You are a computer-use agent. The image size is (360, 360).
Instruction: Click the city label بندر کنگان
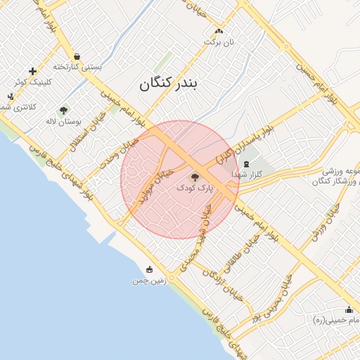click(x=169, y=84)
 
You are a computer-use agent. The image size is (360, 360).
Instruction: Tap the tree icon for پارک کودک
click(x=195, y=177)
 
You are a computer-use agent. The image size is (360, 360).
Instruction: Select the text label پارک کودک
click(x=193, y=188)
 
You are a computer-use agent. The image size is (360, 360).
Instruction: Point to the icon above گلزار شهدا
click(x=245, y=164)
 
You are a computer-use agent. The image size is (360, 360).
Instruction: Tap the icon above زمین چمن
click(x=149, y=269)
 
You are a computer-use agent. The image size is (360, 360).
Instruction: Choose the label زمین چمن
click(x=148, y=281)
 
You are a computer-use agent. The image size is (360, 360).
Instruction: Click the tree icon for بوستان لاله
click(x=64, y=110)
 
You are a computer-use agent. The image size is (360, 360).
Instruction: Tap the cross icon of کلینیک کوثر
click(x=32, y=71)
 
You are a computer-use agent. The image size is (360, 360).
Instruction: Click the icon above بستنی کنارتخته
click(x=77, y=56)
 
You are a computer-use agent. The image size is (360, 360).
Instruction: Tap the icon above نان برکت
click(x=219, y=31)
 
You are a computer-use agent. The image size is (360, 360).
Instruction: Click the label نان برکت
click(x=219, y=41)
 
